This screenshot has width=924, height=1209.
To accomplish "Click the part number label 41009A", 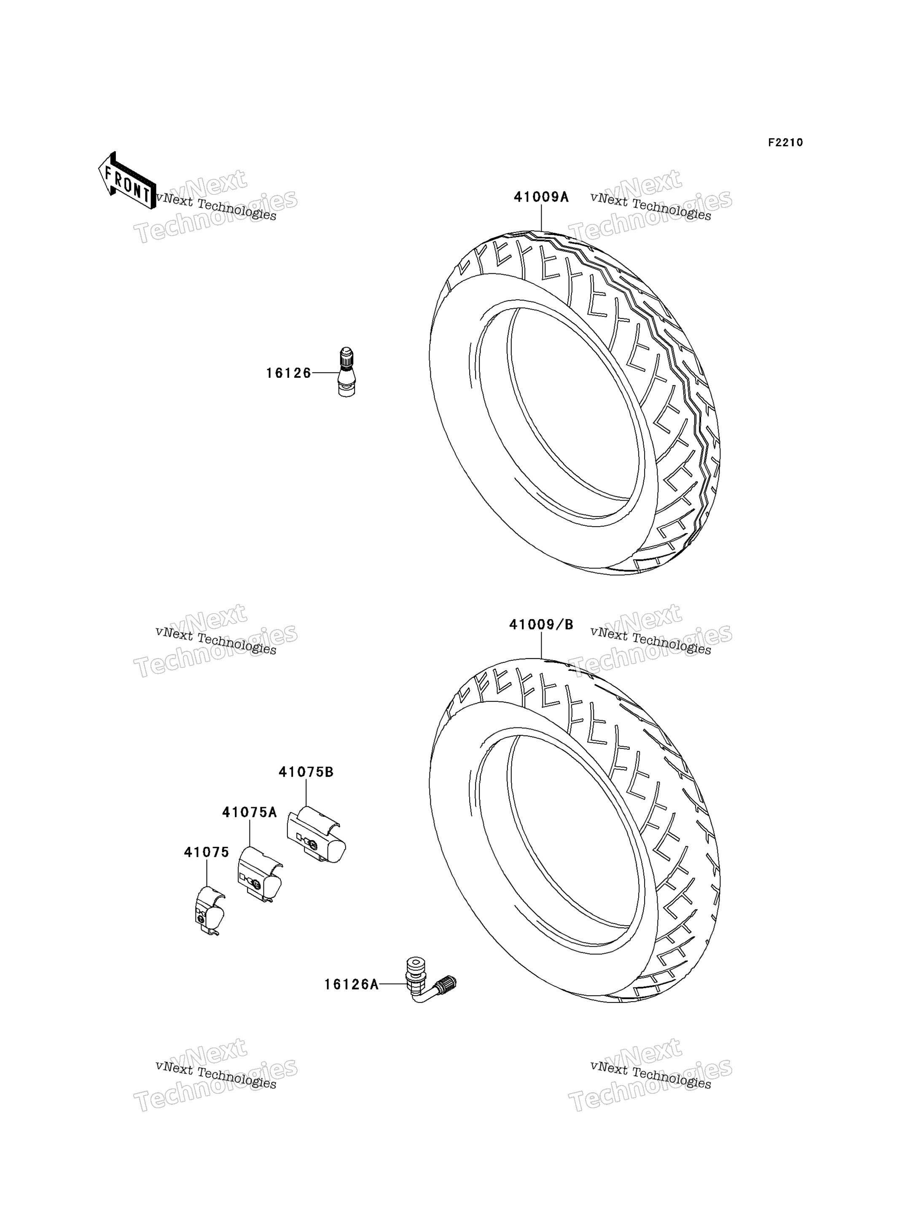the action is [x=541, y=197].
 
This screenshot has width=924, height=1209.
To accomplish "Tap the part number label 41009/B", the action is [x=541, y=625].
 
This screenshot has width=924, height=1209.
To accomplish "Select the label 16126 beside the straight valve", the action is [x=289, y=373].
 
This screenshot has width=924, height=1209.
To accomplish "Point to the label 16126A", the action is [x=352, y=985].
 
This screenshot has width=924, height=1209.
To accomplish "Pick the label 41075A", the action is [x=250, y=812].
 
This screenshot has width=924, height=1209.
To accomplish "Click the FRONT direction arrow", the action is [x=127, y=181].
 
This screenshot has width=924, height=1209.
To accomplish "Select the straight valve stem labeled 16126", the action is [x=346, y=372].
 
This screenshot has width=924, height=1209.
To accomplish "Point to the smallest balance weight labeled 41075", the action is [x=209, y=913].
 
